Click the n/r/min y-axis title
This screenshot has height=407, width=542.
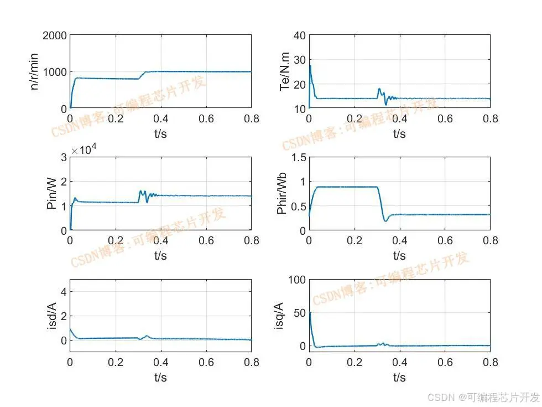point(35,72)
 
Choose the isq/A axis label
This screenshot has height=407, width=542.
point(279,316)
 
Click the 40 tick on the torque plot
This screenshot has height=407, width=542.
point(299,35)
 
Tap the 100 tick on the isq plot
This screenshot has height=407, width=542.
point(296,280)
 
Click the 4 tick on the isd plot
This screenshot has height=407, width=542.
point(64,291)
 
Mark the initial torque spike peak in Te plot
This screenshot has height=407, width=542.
point(310,65)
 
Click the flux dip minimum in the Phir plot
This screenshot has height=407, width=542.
point(385,221)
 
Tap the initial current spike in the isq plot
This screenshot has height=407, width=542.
point(310,313)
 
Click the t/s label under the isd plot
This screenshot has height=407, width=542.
point(160,377)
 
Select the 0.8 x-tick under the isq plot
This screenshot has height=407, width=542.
point(489,363)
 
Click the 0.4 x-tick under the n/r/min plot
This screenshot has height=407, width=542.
point(160,119)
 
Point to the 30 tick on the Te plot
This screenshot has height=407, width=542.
point(299,60)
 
